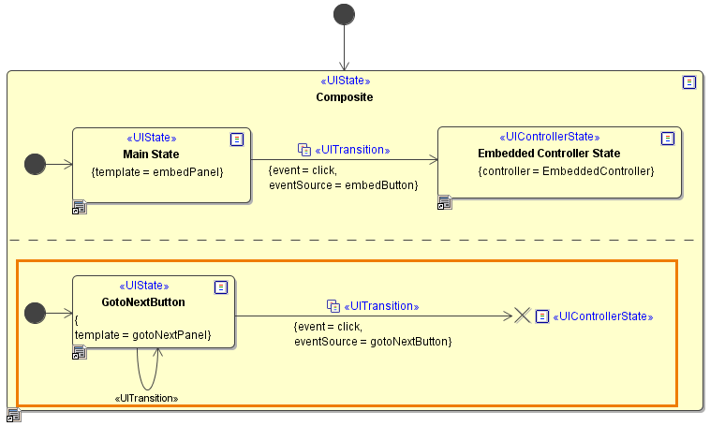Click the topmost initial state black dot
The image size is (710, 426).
[345, 14]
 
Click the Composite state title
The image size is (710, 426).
[345, 97]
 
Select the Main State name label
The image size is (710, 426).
[151, 154]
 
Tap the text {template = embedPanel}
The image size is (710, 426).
[157, 172]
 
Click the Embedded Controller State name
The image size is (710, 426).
[549, 154]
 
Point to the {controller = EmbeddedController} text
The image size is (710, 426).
[566, 171]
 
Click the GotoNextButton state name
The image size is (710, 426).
[143, 302]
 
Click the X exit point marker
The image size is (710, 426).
[523, 316]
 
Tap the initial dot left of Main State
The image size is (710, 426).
[35, 165]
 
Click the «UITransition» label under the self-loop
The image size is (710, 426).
[146, 398]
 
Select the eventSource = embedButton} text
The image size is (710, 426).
[343, 185]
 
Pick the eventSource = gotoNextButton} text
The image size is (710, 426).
[373, 342]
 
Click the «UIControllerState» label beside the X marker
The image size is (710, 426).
[603, 316]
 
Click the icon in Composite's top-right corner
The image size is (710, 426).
[689, 82]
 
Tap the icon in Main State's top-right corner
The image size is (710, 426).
[237, 139]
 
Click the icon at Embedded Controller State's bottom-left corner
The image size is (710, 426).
[445, 201]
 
